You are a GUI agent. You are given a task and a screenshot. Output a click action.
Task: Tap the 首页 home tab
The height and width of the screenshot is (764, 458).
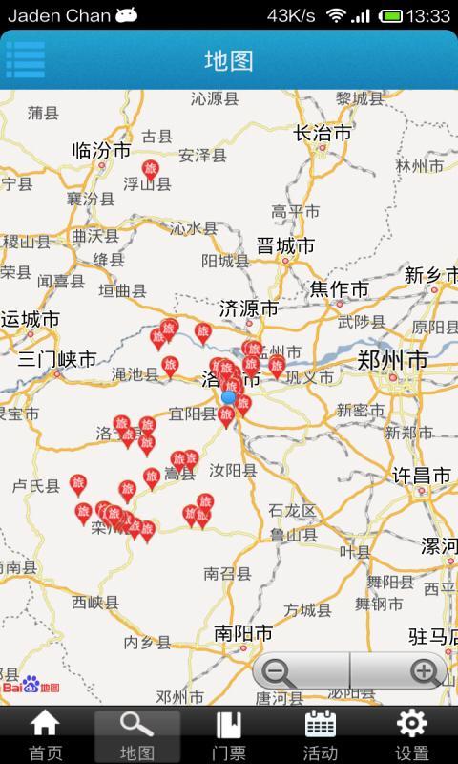coord(45,735)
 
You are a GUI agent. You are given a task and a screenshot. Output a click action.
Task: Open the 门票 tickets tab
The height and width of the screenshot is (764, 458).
coord(228,735)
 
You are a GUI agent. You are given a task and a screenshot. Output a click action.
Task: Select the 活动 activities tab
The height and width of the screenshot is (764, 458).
coord(320,735)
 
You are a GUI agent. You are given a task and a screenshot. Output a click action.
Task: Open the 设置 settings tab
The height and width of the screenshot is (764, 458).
coord(411,735)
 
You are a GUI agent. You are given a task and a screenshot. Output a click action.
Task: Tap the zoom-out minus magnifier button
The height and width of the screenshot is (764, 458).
coord(278,672)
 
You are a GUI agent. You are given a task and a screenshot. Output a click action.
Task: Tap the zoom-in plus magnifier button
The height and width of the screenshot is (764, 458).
coord(425,672)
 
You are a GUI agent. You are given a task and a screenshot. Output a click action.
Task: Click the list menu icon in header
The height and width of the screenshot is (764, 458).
coord(26,59)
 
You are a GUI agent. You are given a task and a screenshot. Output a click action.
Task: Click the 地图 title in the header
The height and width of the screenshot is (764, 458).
coord(229,60)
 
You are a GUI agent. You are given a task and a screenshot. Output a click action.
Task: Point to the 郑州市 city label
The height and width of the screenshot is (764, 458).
coord(392,360)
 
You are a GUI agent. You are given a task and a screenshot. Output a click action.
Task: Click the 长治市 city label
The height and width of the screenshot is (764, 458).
coord(323,133)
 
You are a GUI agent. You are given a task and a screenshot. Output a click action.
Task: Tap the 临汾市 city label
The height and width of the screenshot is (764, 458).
coord(101,151)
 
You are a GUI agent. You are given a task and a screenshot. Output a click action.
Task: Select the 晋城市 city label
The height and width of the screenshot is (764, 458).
coord(285,245)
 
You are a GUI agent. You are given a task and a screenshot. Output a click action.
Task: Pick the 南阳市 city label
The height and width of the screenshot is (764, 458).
coord(243,633)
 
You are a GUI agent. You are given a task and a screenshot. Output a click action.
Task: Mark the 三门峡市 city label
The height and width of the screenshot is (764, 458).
coord(57,359)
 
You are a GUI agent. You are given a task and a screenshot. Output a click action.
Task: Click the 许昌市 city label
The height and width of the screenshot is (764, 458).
coord(422,475)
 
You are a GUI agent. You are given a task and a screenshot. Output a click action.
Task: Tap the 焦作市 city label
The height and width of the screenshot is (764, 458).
coord(340,288)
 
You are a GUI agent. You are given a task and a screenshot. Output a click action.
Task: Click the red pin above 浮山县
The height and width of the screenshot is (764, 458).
coord(150,170)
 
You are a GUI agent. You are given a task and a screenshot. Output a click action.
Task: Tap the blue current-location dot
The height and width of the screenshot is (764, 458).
coord(229,397)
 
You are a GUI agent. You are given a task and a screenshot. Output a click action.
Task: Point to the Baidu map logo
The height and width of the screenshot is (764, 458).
coord(31,686)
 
